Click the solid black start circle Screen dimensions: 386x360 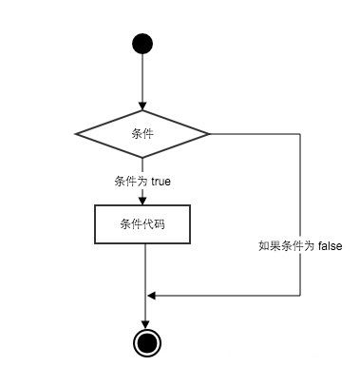coord(142,43)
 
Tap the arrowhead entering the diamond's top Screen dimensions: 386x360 coord(142,106)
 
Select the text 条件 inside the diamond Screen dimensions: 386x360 coord(142,133)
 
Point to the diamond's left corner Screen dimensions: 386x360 coord(76,133)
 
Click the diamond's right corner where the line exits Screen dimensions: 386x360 coord(209,133)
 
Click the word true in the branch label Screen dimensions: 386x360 coord(161,180)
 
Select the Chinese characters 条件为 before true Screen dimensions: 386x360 coord(131,180)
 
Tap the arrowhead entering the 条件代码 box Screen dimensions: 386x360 coord(142,200)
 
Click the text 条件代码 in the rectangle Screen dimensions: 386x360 coord(142,223)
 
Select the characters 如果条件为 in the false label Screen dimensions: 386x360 coord(286,245)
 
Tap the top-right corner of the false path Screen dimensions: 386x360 coord(300,133)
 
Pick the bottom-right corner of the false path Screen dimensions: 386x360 coord(300,296)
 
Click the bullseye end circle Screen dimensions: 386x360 coord(144,343)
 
